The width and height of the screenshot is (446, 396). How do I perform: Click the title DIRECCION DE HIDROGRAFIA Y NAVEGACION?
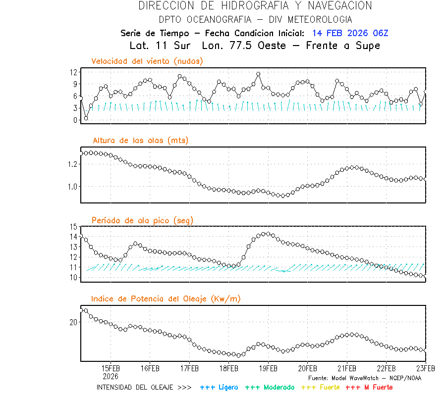pyautogui.click(x=255, y=6)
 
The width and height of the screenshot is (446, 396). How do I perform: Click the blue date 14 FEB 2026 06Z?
pyautogui.click(x=350, y=33)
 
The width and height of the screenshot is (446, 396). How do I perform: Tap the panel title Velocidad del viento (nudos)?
pyautogui.click(x=147, y=61)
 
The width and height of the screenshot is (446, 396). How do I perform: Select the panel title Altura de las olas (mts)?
pyautogui.click(x=140, y=141)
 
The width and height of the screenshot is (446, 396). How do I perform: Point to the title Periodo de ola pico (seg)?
pyautogui.click(x=142, y=220)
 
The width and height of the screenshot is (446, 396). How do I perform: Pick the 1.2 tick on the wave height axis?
pyautogui.click(x=72, y=164)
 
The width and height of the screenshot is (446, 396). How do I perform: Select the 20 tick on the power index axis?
pyautogui.click(x=73, y=322)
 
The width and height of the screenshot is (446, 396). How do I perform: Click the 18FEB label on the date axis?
pyautogui.click(x=228, y=368)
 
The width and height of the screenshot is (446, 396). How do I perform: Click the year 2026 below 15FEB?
pyautogui.click(x=111, y=376)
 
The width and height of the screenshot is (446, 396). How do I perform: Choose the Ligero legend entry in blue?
pyautogui.click(x=219, y=387)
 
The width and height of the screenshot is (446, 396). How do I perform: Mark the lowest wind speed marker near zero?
pyautogui.click(x=86, y=118)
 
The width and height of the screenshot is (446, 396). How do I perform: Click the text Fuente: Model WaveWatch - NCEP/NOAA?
pyautogui.click(x=365, y=378)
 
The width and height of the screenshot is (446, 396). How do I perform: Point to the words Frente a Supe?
pyautogui.click(x=343, y=46)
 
